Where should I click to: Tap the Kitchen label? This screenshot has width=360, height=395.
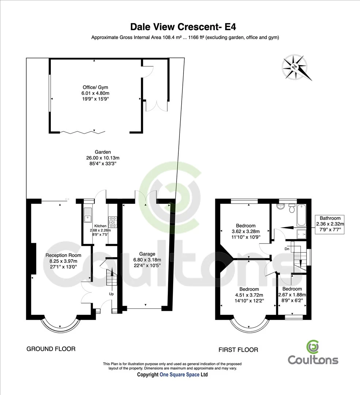pos(100,226)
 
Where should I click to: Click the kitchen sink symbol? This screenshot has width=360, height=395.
pos(88,216)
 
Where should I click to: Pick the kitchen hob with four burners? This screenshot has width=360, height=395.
pos(113,220)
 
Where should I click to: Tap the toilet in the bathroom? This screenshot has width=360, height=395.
pos(292,208)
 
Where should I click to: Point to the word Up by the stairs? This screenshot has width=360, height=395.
pos(111,294)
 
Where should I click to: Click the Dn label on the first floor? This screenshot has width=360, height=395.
pos(287,249)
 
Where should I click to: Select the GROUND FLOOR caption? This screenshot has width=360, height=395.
pos(51,349)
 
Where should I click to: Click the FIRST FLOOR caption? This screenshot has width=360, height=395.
pos(238,350)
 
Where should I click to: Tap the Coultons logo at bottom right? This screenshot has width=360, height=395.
pos(313,354)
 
